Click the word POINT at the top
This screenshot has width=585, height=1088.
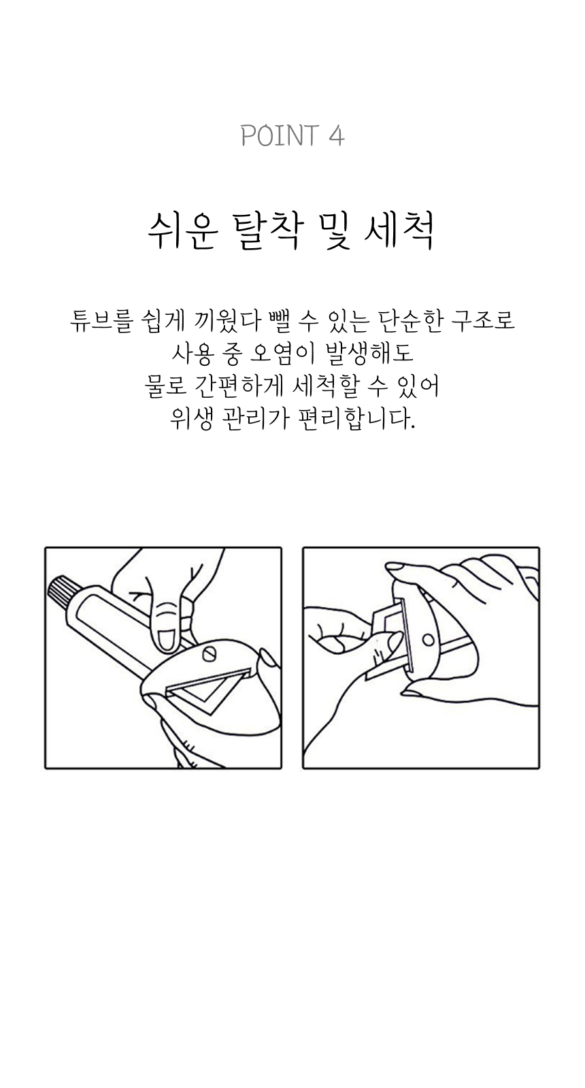tap(280, 136)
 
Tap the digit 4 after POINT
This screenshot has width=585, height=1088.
tap(336, 136)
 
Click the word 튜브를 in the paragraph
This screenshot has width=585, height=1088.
tap(101, 320)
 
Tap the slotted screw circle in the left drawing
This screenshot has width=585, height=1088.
tap(210, 653)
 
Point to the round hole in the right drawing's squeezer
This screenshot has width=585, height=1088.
tap(428, 639)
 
